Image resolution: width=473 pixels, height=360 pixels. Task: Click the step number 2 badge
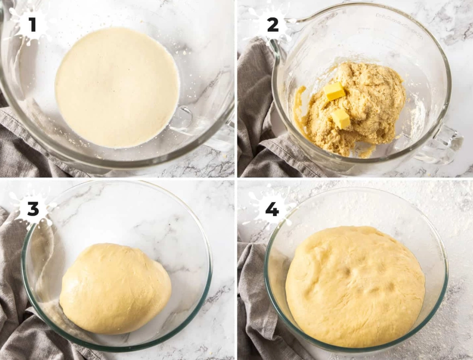271,24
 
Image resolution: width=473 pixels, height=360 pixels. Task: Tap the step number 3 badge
32,208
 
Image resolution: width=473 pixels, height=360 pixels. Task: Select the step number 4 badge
271,208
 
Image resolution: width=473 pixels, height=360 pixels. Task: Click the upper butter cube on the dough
334,91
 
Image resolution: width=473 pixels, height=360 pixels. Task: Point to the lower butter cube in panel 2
341,118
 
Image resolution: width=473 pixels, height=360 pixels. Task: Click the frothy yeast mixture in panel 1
117,87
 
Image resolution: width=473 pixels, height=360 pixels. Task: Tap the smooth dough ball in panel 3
115,288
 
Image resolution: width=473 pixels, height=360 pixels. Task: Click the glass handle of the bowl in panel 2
445,145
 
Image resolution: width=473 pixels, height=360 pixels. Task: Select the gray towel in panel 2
254,109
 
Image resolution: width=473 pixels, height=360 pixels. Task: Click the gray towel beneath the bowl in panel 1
33,147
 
